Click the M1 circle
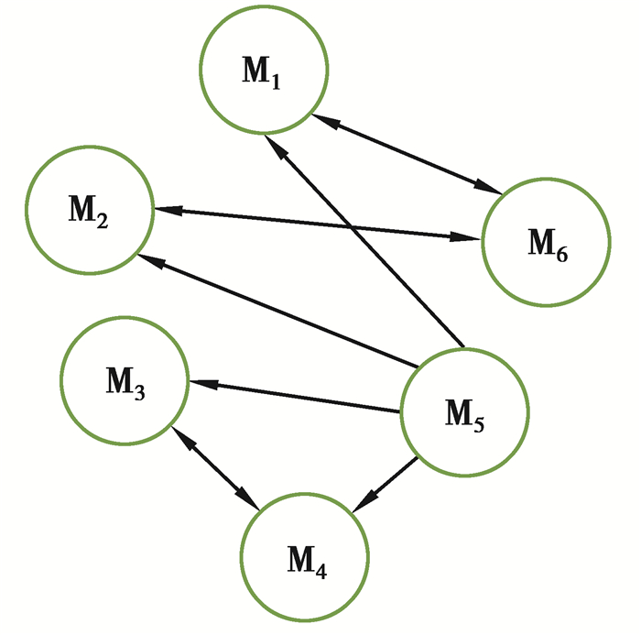tap(264, 71)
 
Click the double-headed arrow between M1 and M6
tap(407, 154)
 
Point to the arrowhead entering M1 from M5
tap(273, 146)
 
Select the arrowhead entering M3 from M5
tap(200, 384)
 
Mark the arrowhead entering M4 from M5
tap(363, 502)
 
